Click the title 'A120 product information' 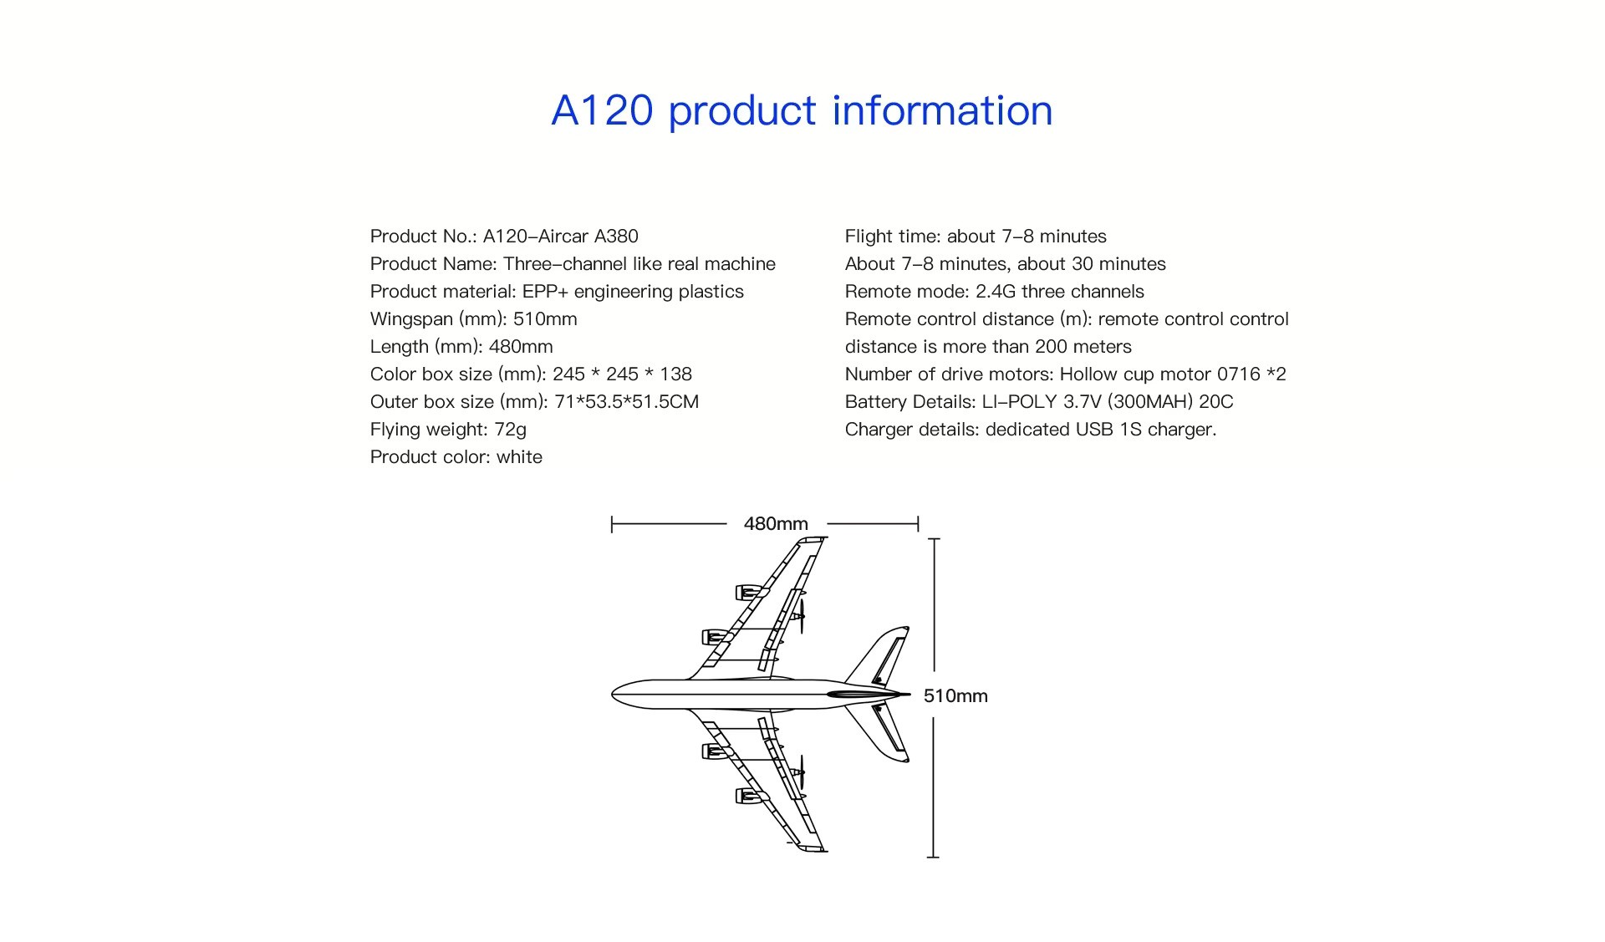[x=802, y=111]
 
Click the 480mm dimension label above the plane [x=776, y=524]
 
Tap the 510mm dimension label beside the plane [x=955, y=696]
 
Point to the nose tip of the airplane [x=612, y=694]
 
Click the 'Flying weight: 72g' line [x=448, y=430]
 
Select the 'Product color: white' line [x=456, y=457]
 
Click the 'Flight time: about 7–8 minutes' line [x=976, y=237]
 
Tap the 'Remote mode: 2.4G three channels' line [x=995, y=292]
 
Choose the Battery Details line [x=1039, y=402]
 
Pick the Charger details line [x=1031, y=430]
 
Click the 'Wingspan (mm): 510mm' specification [x=474, y=319]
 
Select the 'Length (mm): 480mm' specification [x=461, y=347]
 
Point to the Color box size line [x=531, y=374]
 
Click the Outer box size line [x=534, y=402]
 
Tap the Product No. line [x=504, y=237]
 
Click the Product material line [x=557, y=292]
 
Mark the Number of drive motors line [x=1066, y=374]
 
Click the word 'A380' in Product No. [x=616, y=237]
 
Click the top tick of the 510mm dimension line [x=934, y=539]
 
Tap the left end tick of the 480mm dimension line [x=612, y=524]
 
